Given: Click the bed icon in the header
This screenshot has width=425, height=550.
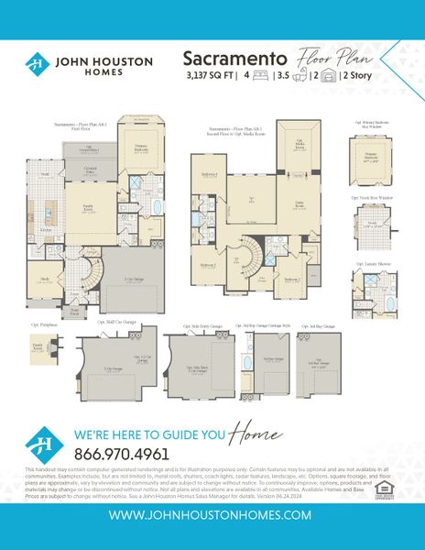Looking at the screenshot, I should (x=258, y=76).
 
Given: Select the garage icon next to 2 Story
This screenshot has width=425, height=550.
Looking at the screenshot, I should (x=325, y=76).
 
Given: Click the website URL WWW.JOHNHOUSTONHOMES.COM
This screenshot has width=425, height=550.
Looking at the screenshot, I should (x=212, y=516).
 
